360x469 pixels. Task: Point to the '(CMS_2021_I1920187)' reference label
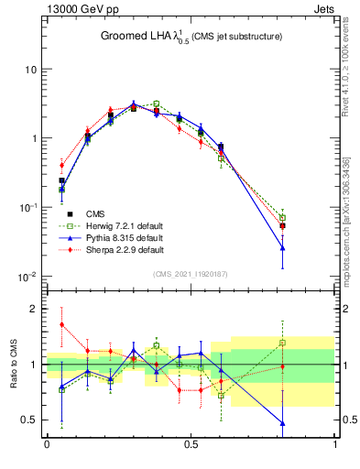pyautogui.click(x=191, y=273)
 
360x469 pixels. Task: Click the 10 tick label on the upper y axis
pyautogui.click(x=30, y=70)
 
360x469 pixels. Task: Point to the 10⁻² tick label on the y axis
pyautogui.click(x=27, y=277)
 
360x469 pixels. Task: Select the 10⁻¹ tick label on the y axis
pyautogui.click(x=27, y=208)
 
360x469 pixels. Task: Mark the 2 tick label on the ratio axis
pyautogui.click(x=33, y=309)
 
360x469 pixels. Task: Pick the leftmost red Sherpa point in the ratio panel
pyautogui.click(x=61, y=324)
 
